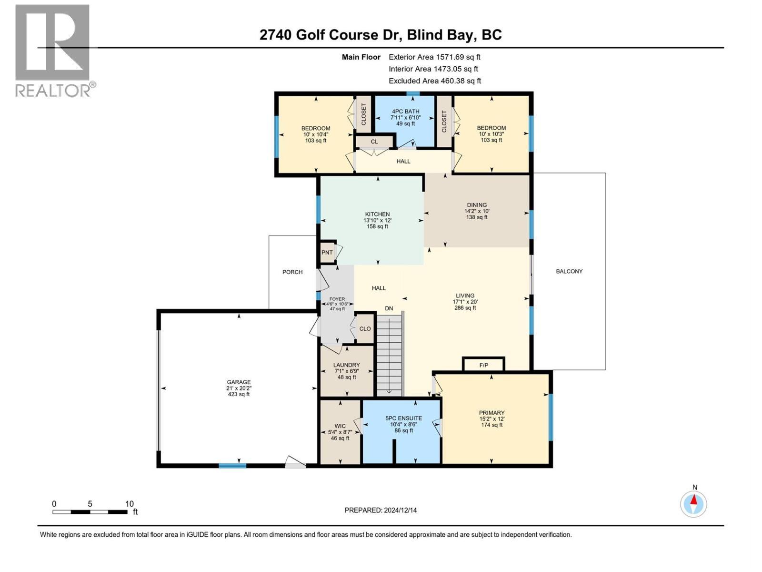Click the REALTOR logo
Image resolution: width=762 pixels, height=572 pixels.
[53, 50]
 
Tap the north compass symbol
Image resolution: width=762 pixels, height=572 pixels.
[693, 504]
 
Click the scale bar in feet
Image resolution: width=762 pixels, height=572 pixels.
[90, 511]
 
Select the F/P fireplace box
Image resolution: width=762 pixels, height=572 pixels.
[483, 365]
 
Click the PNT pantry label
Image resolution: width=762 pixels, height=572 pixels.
[327, 253]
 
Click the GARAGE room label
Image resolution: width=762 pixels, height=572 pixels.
[239, 382]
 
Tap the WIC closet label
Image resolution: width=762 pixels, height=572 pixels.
[340, 426]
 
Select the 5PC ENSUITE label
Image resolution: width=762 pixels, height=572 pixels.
[404, 418]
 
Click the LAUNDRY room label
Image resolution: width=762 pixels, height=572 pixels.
[347, 365]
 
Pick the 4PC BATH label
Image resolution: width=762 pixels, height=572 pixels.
[405, 112]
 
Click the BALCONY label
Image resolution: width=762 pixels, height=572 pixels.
[569, 271]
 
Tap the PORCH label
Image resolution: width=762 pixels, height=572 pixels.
[292, 272]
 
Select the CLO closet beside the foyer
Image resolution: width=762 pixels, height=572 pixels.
[365, 329]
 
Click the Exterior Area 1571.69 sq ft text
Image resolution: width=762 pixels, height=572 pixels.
[434, 57]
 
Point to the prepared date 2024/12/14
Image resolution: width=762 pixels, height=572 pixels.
[381, 510]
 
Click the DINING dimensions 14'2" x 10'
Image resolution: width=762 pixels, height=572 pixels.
[477, 211]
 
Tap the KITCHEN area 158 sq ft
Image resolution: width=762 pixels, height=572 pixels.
[377, 226]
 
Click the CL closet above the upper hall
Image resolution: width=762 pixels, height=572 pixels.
[374, 142]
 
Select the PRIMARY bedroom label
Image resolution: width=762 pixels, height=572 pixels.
[491, 413]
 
